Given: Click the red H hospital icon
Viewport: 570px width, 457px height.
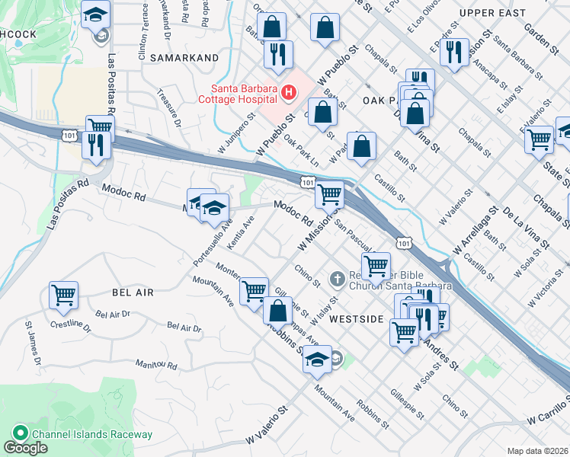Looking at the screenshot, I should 289,93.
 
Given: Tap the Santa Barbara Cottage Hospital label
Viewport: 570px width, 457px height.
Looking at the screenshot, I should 237,93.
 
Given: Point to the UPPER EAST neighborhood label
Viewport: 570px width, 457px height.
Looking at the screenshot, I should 493,14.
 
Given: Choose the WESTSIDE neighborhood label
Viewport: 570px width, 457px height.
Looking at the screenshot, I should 356,319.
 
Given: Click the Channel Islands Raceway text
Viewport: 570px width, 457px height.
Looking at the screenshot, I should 92,434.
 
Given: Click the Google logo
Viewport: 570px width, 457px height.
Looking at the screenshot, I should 25,448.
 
